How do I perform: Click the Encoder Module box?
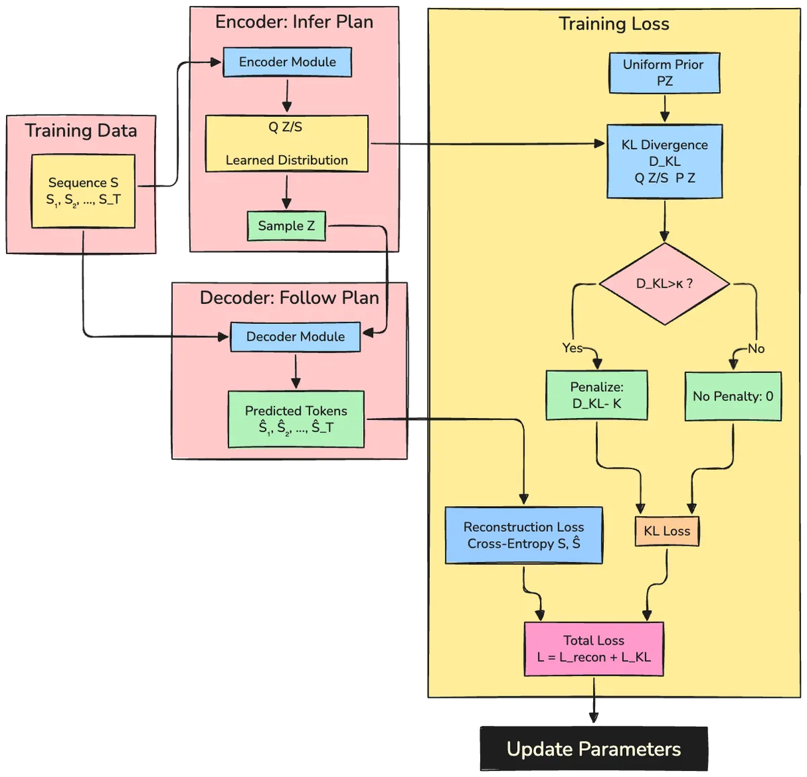pos(287,62)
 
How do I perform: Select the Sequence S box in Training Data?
pos(83,191)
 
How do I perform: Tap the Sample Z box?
pos(286,226)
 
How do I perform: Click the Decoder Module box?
pos(295,337)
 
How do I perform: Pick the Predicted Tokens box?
pos(296,419)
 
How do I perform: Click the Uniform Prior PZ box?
pos(663,73)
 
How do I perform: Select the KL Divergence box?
pos(664,161)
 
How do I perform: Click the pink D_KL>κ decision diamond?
pos(664,284)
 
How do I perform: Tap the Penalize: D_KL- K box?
pos(597,395)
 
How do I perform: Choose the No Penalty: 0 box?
pos(733,397)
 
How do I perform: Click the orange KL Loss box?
pos(667,531)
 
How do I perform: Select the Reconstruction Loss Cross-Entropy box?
pos(524,535)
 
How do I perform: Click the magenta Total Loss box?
pos(594,649)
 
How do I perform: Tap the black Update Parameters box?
pos(594,749)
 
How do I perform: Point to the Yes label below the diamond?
pos(572,347)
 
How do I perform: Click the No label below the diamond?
pos(756,348)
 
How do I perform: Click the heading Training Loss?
pos(614,24)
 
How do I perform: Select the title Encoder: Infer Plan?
pos(294,22)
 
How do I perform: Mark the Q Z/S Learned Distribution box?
pos(286,143)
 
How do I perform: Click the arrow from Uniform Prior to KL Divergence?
pos(664,108)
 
